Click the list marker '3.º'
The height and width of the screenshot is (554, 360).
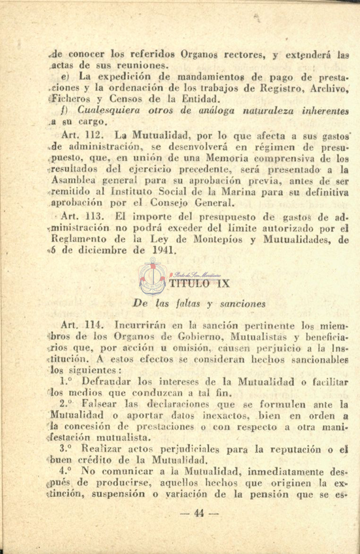point(68,448)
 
